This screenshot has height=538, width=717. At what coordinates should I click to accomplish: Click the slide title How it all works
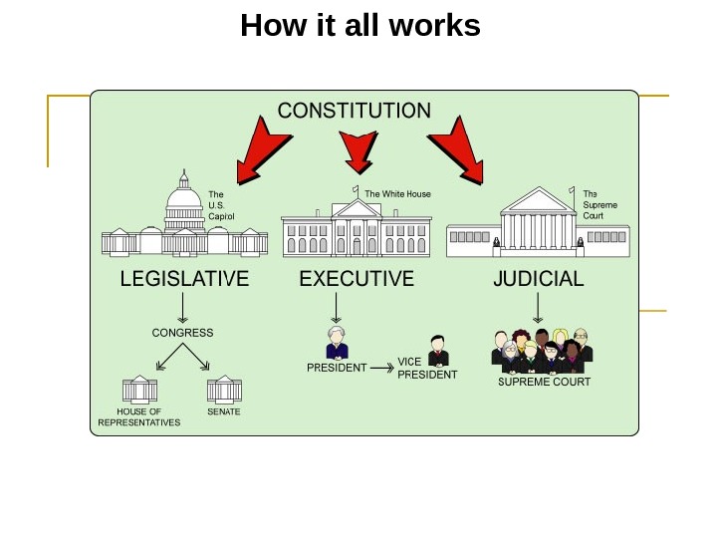(x=359, y=26)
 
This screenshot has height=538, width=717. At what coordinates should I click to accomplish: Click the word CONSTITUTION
(x=354, y=111)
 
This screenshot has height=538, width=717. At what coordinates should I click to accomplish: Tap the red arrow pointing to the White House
(x=358, y=150)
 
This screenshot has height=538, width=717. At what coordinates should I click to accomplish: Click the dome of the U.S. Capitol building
(x=184, y=197)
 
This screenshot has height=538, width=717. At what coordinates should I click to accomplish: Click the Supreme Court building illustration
(x=537, y=224)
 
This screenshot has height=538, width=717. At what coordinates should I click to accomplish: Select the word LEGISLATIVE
(x=184, y=279)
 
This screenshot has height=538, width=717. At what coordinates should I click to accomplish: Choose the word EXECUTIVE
(x=357, y=279)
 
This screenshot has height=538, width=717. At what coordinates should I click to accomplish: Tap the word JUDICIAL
(x=539, y=279)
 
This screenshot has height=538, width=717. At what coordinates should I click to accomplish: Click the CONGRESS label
(x=182, y=333)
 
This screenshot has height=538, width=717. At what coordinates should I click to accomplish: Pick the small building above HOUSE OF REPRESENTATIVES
(x=139, y=390)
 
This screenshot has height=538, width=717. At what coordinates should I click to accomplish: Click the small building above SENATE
(x=224, y=390)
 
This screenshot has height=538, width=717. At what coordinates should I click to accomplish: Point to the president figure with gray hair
(x=337, y=343)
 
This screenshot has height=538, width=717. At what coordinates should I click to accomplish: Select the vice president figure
(x=437, y=351)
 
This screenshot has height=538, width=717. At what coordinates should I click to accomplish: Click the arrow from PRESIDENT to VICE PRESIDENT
(x=381, y=368)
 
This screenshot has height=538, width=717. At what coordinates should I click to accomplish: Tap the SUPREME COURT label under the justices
(x=544, y=382)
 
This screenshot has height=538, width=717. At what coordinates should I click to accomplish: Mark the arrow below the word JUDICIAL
(x=538, y=307)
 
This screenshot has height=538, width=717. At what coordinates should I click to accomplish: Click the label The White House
(x=397, y=194)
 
